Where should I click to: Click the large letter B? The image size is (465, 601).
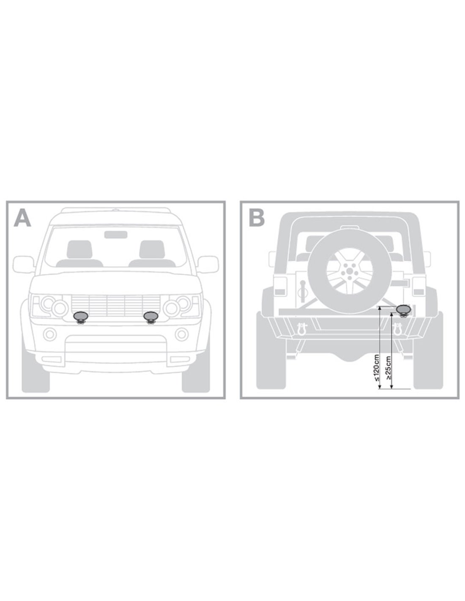[x=257, y=218]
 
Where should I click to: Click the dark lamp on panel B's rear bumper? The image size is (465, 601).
[x=403, y=311]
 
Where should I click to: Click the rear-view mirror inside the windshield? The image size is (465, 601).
[x=116, y=235]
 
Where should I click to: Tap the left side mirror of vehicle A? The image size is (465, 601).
[x=24, y=265]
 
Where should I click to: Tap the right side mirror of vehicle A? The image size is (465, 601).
[x=208, y=265]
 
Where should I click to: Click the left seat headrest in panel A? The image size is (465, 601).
[x=79, y=249]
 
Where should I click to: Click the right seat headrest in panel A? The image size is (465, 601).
[x=152, y=249]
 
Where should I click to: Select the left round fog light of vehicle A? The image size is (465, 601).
[x=50, y=334]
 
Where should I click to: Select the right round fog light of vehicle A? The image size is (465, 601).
[x=181, y=334]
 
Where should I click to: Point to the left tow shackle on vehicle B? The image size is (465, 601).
[x=301, y=329]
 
